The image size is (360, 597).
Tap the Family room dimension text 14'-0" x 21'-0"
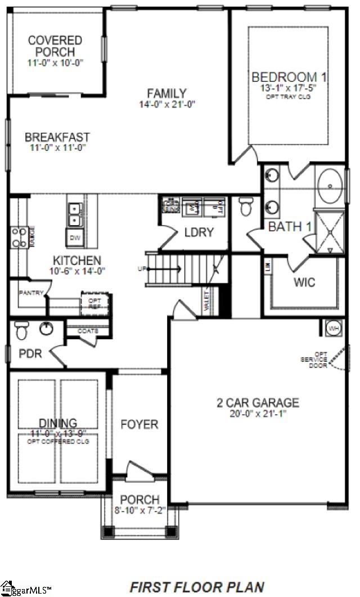coord(167,105)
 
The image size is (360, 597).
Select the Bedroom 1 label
coord(289,77)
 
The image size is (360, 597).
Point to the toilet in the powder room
coord(22,330)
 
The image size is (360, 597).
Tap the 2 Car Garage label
coord(258,403)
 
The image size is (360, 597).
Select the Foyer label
coord(139,424)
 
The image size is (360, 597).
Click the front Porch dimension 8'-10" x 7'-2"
coord(139,511)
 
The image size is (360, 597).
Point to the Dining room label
coord(58,423)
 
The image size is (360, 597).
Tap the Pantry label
coord(31,293)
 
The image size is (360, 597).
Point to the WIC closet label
coord(304,282)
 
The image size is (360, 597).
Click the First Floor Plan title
coord(197,586)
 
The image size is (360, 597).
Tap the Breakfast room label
coord(57,137)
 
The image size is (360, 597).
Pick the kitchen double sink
coord(75,210)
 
